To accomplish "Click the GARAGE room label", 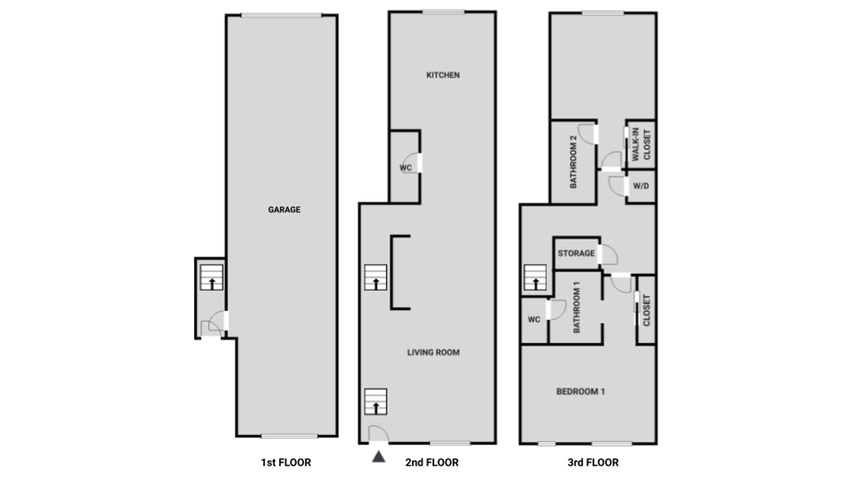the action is [284, 210].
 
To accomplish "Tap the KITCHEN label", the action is [443, 75].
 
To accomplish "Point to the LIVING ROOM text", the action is [433, 352].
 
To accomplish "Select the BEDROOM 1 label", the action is [580, 391].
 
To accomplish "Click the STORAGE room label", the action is [576, 253].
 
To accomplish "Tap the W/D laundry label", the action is [641, 186].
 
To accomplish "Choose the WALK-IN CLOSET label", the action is [641, 144].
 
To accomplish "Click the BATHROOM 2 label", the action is [573, 162].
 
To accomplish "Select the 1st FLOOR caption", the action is [286, 462].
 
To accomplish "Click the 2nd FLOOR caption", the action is [432, 462].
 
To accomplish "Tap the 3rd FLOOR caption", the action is [593, 462].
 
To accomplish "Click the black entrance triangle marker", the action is [379, 457].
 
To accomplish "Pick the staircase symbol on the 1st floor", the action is [211, 277].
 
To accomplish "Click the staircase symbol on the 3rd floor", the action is [535, 277].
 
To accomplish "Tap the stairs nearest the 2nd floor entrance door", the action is [376, 401].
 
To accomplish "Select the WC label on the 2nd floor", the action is [405, 168].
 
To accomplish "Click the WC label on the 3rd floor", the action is [534, 319].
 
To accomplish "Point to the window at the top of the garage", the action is [281, 16].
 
